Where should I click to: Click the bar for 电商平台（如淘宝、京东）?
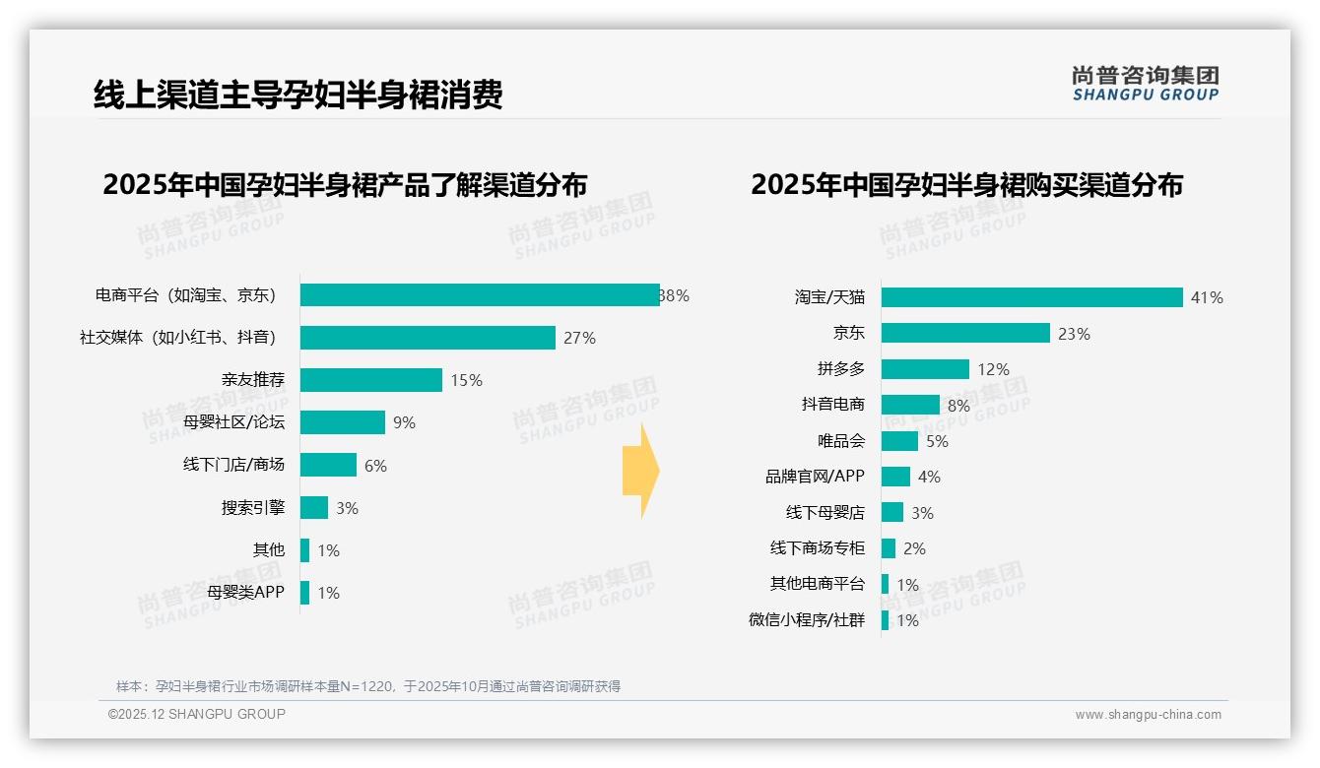480,295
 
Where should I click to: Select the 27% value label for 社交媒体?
579,338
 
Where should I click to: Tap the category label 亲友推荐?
253,380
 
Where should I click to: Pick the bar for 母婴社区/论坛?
343,422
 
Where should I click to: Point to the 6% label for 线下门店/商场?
375,466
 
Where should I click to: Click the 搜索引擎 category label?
253,508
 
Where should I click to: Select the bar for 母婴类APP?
305,593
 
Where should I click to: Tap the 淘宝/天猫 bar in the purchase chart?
1031,297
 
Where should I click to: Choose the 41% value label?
1207,297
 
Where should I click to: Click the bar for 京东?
965,333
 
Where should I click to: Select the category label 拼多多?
840,369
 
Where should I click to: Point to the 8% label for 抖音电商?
958,405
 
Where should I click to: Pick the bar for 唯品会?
899,441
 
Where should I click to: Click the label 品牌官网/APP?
815,477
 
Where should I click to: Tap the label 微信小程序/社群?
807,620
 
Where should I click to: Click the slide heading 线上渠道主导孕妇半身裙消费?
297,95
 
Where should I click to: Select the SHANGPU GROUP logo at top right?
1145,83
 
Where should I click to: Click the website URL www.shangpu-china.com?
1148,715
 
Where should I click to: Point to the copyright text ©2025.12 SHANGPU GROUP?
197,714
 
